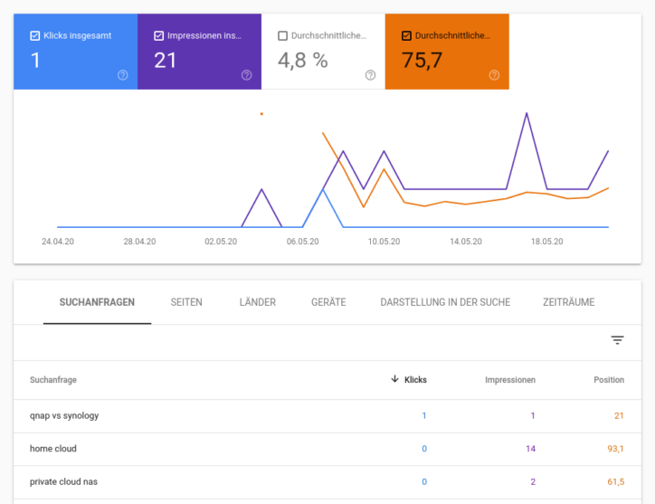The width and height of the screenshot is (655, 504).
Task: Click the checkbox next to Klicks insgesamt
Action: click(x=35, y=36)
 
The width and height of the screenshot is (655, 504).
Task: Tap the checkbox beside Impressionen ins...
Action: click(x=159, y=36)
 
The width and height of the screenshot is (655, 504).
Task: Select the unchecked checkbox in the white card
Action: click(x=283, y=36)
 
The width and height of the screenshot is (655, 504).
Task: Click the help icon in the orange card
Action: click(x=494, y=75)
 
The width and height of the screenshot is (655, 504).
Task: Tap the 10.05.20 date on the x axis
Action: click(x=384, y=242)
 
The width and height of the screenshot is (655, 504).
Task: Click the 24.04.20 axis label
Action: click(x=58, y=242)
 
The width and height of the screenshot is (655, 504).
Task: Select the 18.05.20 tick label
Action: click(x=546, y=242)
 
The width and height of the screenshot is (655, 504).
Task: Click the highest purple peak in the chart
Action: click(x=527, y=114)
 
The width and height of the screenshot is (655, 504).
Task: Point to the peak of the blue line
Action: click(x=323, y=189)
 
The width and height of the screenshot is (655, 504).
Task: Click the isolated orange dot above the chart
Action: click(x=261, y=114)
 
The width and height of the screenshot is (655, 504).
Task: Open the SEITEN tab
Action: click(x=186, y=302)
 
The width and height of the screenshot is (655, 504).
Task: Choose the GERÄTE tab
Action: click(x=328, y=302)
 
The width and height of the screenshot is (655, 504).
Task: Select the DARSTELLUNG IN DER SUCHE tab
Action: click(x=445, y=302)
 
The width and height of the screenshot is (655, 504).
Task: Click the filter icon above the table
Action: click(x=617, y=340)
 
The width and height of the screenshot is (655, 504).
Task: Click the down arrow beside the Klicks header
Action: click(x=394, y=379)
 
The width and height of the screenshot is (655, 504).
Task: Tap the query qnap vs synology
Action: click(x=64, y=415)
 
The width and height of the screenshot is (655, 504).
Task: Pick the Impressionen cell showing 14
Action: click(x=530, y=449)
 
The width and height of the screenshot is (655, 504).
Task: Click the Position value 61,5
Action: click(x=614, y=481)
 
